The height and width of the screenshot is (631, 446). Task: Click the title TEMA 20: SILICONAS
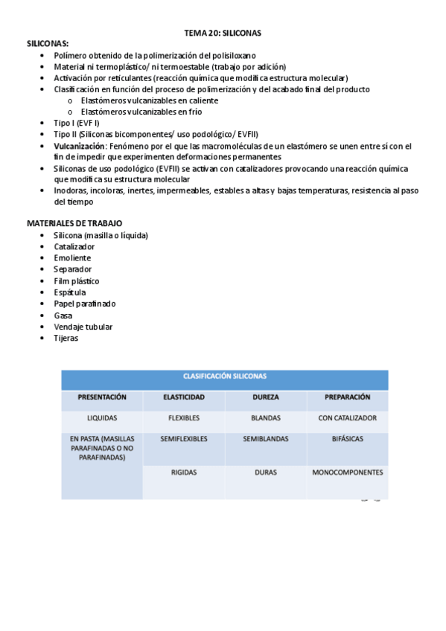pyautogui.click(x=223, y=33)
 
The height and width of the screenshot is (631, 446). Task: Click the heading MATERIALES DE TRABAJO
pyautogui.click(x=74, y=223)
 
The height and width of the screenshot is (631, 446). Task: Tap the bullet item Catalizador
pyautogui.click(x=74, y=246)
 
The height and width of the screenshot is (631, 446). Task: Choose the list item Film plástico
pyautogui.click(x=76, y=281)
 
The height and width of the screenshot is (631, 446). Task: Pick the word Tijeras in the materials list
pyautogui.click(x=66, y=338)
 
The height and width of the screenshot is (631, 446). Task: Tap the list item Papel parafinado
pyautogui.click(x=84, y=304)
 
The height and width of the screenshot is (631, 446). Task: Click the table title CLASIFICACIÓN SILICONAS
pyautogui.click(x=224, y=377)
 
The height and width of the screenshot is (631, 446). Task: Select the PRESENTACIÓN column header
pyautogui.click(x=102, y=397)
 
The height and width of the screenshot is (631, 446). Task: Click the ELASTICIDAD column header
pyautogui.click(x=184, y=397)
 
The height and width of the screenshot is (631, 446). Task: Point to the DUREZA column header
pyautogui.click(x=265, y=397)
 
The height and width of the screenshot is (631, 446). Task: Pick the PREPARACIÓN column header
pyautogui.click(x=347, y=397)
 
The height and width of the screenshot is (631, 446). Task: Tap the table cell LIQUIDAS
pyautogui.click(x=102, y=418)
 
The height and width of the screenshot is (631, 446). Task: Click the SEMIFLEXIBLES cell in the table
pyautogui.click(x=184, y=439)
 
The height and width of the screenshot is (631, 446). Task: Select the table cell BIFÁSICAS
pyautogui.click(x=347, y=439)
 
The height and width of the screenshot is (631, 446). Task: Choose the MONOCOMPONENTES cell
pyautogui.click(x=347, y=473)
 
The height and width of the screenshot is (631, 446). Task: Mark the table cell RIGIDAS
pyautogui.click(x=184, y=473)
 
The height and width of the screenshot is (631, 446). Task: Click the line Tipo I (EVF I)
pyautogui.click(x=76, y=123)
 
